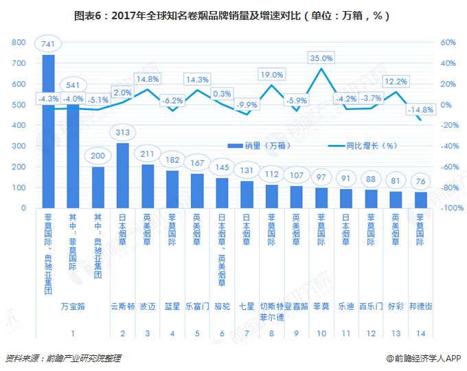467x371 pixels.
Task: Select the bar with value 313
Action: click(x=123, y=175)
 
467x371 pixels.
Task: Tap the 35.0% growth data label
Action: click(x=321, y=58)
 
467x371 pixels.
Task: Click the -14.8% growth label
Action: click(x=420, y=110)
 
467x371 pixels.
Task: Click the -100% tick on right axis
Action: click(x=448, y=208)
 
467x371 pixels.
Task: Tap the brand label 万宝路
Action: click(x=73, y=306)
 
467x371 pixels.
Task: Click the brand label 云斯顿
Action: click(x=123, y=306)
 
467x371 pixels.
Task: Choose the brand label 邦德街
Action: click(x=420, y=306)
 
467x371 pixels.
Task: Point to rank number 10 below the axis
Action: click(x=321, y=333)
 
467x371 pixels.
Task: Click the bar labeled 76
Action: click(x=420, y=200)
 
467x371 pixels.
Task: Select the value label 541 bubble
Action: click(x=73, y=86)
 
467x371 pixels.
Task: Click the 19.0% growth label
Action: click(x=272, y=74)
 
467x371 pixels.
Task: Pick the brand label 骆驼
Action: click(x=222, y=306)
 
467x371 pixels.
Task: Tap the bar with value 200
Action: click(x=98, y=187)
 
